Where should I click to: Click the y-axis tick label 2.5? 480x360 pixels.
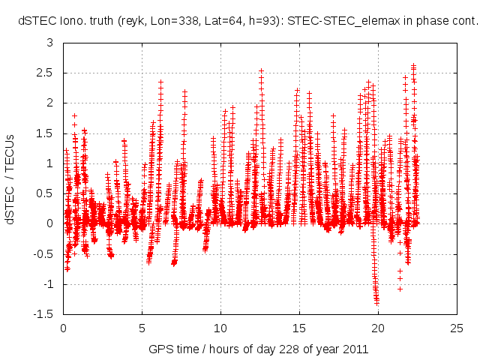pos(46,73)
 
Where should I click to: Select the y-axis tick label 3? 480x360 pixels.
pos(50,43)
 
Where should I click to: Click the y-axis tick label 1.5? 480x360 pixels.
pos(46,133)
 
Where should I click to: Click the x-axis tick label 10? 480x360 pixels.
pos(220,328)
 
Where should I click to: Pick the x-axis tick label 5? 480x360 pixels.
pos(142,328)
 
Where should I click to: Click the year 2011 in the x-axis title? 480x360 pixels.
pos(355,349)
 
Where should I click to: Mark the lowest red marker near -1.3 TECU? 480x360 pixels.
pos(376,302)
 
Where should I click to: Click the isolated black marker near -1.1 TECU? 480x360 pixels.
pos(400,289)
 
